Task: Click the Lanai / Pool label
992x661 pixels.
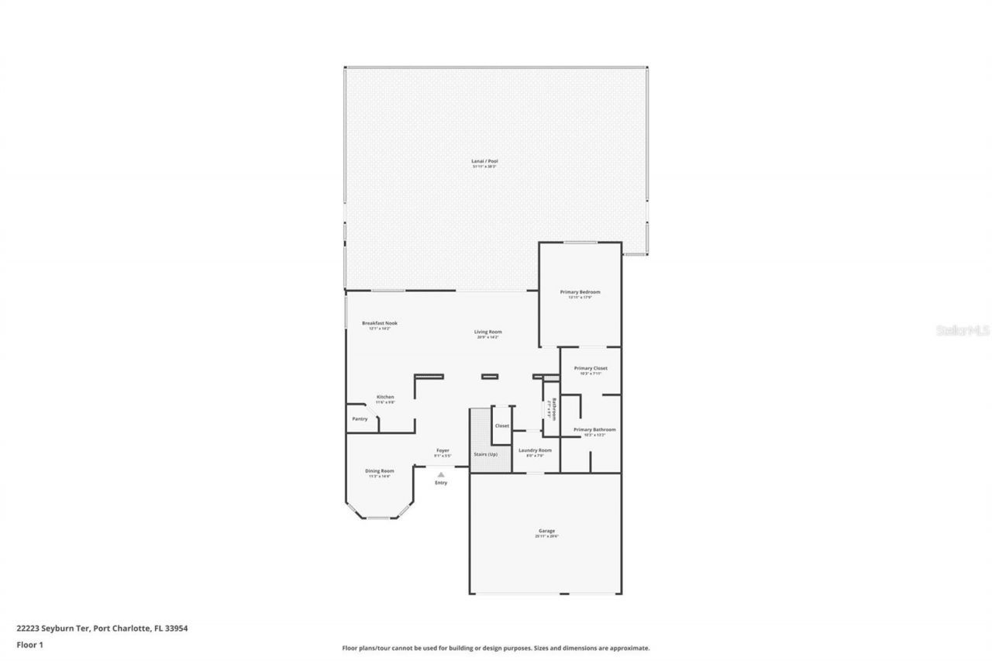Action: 485,161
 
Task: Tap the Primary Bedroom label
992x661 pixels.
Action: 580,292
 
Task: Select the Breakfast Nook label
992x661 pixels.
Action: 379,323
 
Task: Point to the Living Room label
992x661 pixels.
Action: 488,332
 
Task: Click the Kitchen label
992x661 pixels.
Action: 385,397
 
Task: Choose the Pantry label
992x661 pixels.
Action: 360,419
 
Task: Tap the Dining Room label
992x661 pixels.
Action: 380,470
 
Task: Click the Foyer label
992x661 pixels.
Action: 443,450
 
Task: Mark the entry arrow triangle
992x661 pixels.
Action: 441,474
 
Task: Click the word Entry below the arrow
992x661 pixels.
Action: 441,483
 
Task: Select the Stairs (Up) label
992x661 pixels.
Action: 485,454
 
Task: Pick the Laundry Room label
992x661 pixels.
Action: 535,450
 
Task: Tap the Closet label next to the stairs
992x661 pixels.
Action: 502,425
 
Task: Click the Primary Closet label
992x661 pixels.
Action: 591,368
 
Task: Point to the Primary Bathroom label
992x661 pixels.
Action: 594,429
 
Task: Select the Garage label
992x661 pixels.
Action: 546,531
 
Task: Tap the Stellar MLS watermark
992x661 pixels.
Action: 963,330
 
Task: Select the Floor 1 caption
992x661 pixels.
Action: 29,645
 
